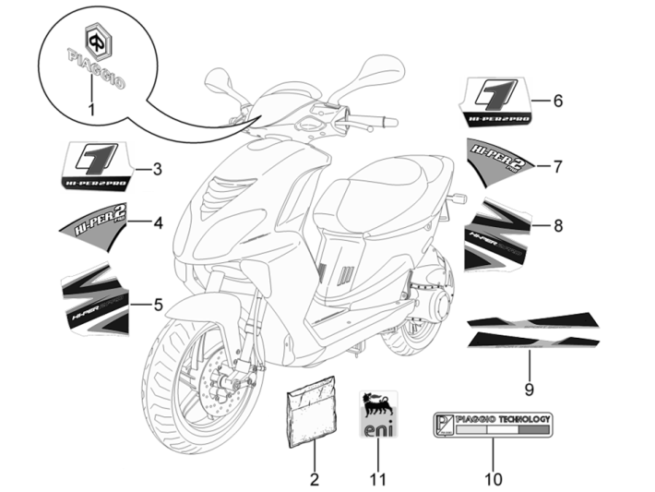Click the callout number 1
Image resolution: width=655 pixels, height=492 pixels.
pos(92,110)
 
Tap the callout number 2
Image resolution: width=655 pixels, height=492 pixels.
pos(314,479)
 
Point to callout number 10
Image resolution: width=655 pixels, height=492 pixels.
pos(493,479)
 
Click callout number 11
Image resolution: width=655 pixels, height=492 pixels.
pos(375,479)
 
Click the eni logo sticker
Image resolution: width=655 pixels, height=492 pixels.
pos(375,415)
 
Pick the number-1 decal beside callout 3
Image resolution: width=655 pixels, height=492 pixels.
pos(95,166)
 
